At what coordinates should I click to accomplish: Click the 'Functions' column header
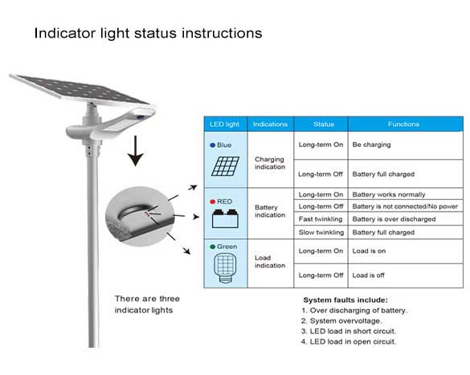point(403,124)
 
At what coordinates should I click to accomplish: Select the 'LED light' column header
point(224,124)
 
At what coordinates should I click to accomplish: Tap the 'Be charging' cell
point(372,145)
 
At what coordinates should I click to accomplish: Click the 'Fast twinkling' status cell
point(321,219)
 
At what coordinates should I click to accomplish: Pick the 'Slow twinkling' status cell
point(321,232)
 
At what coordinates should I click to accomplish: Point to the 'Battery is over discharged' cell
point(394,219)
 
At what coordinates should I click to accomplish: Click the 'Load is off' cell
point(369,275)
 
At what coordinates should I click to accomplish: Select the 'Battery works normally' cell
point(389,194)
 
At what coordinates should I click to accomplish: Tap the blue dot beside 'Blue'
point(213,145)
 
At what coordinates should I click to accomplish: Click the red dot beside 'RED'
point(213,202)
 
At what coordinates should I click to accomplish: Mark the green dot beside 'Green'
point(213,247)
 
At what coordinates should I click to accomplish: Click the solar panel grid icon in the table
point(226,166)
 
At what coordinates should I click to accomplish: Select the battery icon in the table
point(225,218)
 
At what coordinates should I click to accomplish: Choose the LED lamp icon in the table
point(225,268)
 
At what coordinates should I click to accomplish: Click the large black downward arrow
point(136,151)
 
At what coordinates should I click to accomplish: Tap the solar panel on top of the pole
point(80,90)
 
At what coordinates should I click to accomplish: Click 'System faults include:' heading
point(345,300)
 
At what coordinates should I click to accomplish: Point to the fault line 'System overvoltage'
point(341,320)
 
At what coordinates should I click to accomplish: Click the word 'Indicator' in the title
point(65,33)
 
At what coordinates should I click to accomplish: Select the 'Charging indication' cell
point(270,163)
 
